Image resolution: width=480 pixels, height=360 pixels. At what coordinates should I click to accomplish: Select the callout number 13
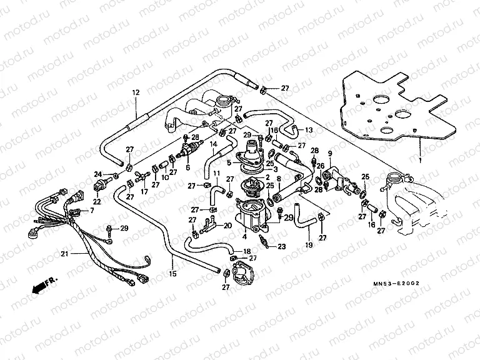309,129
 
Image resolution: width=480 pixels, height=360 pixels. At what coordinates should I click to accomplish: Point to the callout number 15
172,274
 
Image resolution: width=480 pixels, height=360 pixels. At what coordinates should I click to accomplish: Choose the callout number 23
281,246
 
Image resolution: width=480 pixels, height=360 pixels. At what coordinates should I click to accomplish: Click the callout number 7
91,211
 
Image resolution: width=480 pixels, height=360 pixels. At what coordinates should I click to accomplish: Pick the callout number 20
227,225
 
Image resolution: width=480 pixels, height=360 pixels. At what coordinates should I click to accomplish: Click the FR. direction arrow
42,284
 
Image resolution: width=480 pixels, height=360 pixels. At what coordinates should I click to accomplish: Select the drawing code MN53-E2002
392,282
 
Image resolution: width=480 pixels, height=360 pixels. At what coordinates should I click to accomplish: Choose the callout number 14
212,144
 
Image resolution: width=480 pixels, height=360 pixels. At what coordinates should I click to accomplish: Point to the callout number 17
144,191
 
